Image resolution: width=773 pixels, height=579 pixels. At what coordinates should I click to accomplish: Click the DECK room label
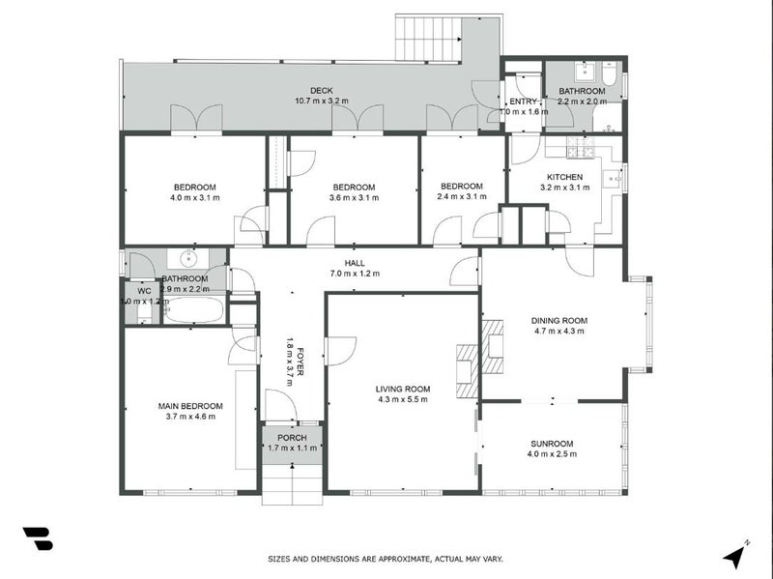point(314,91)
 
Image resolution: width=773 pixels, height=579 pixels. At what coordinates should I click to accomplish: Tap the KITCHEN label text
point(565,177)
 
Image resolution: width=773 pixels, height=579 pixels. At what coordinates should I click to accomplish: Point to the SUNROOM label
point(551,443)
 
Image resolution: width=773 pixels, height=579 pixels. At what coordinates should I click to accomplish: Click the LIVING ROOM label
point(403,390)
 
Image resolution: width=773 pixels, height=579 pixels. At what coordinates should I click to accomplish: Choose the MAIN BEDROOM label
point(190,406)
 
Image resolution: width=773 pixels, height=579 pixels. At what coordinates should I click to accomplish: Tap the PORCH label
point(291,437)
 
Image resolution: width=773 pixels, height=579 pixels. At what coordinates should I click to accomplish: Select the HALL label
point(355,262)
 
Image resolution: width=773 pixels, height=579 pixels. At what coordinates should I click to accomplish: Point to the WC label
point(144,290)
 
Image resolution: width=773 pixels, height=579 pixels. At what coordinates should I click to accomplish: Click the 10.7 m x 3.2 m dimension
point(314,101)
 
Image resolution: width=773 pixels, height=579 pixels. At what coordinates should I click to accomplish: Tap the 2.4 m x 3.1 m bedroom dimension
point(461,197)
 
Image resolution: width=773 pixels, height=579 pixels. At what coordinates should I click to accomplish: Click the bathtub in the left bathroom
point(194,309)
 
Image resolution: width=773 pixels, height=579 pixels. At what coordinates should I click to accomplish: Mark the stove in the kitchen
point(582,147)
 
